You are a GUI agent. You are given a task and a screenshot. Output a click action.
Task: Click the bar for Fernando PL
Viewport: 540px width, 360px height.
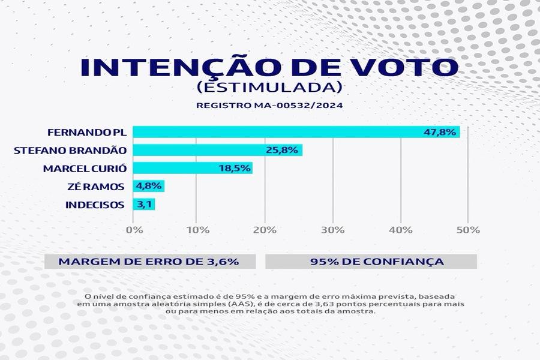tap(270, 132)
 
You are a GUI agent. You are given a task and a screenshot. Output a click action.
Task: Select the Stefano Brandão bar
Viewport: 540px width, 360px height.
tap(198, 150)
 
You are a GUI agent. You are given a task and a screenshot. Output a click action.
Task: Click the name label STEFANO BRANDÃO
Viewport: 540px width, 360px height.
tap(70, 150)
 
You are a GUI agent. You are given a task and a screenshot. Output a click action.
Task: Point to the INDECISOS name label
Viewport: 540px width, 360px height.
tap(94, 205)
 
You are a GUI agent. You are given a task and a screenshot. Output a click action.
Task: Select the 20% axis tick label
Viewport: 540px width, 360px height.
tap(265, 230)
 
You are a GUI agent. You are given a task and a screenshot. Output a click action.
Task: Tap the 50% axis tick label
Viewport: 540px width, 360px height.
tap(469, 230)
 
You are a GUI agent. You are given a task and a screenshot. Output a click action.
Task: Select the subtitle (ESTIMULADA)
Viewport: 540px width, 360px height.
tap(269, 87)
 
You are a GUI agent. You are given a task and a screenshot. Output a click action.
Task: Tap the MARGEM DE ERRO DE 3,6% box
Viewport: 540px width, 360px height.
tap(149, 262)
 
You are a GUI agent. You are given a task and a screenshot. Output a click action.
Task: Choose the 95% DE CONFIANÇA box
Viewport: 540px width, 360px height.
tap(371, 262)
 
